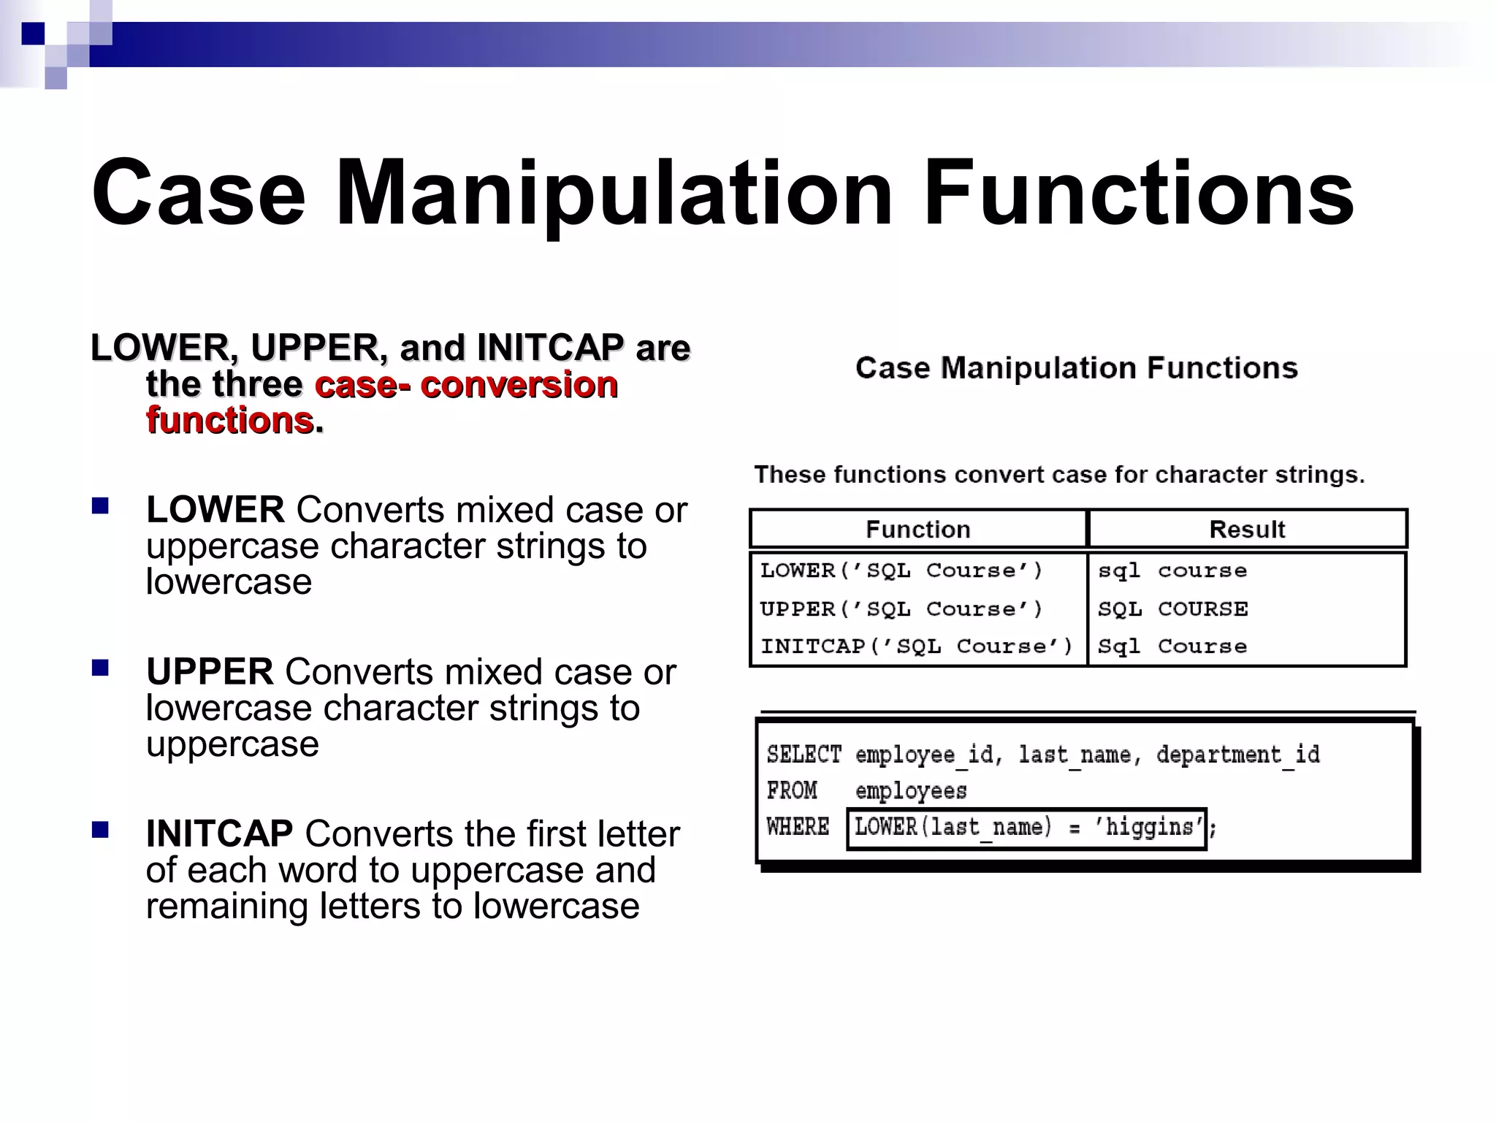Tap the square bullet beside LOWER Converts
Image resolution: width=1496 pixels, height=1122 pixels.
(100, 505)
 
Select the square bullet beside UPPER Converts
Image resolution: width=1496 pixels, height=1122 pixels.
(100, 668)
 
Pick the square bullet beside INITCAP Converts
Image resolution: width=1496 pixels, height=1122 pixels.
(100, 830)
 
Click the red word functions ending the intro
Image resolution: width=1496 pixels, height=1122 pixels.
(230, 421)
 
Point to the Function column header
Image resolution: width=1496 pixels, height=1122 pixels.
(917, 529)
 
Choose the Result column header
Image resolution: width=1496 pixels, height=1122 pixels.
(1247, 529)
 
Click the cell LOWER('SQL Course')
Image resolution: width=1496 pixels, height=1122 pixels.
(901, 570)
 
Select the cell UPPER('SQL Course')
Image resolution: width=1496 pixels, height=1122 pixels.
(901, 608)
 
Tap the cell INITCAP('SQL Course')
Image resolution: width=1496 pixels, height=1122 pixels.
(917, 646)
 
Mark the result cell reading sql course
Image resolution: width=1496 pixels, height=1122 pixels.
(1172, 570)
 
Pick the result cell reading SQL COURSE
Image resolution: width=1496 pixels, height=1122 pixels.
(1173, 608)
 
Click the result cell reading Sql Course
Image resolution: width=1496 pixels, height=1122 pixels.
(1172, 646)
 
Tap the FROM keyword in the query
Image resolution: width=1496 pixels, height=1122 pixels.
(792, 790)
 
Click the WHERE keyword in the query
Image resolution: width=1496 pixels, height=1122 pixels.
(798, 827)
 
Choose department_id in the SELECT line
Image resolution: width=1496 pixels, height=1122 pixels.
(1238, 754)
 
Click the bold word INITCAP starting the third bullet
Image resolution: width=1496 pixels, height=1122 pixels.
(219, 834)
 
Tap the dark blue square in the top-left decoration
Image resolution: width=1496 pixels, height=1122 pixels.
(33, 34)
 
